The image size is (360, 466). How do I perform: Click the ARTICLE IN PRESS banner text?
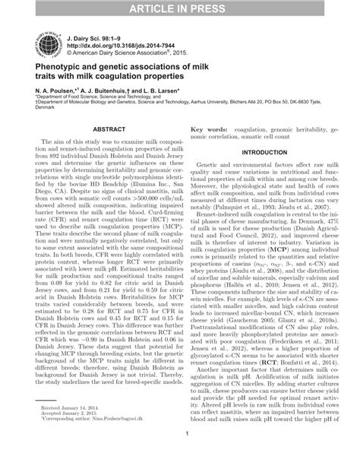click(180, 9)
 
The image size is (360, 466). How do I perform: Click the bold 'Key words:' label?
click(210, 131)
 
